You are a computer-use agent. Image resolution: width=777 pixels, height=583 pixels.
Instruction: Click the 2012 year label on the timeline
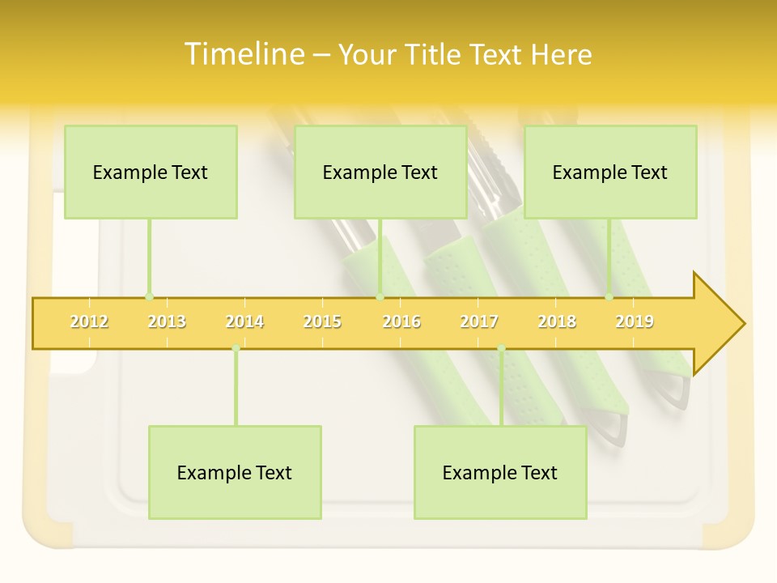[x=89, y=321]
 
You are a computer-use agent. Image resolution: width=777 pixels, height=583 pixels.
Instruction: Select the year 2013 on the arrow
[x=167, y=321]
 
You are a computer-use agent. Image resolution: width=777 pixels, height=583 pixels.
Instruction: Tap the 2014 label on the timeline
[x=244, y=321]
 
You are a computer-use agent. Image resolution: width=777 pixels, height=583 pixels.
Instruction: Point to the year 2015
[x=322, y=321]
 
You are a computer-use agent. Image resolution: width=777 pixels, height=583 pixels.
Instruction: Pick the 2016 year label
[x=401, y=321]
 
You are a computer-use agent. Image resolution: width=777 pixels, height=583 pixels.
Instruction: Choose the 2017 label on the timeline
[x=479, y=321]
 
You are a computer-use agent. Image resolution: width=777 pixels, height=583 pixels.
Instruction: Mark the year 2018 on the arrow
[x=557, y=321]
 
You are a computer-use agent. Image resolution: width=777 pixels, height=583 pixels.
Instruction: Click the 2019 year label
[x=635, y=321]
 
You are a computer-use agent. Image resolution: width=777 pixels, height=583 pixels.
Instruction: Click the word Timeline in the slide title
[x=243, y=54]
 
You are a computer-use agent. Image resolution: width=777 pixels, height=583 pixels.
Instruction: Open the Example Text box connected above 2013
[x=151, y=172]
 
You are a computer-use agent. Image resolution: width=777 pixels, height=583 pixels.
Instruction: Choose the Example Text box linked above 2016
[x=380, y=172]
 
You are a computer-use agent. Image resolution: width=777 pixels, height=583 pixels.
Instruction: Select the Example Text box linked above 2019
[x=610, y=172]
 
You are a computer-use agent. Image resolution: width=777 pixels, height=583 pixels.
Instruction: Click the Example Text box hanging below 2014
[x=235, y=472]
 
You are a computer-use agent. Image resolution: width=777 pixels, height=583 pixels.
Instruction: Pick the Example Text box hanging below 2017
[x=500, y=472]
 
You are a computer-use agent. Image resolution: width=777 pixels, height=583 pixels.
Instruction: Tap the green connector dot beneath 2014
[x=236, y=348]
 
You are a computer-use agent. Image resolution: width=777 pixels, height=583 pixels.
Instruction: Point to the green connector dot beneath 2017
[x=501, y=348]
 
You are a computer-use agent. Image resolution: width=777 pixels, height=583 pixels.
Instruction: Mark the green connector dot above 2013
[x=149, y=297]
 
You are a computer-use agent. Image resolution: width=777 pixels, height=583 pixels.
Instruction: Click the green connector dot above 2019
[x=609, y=297]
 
